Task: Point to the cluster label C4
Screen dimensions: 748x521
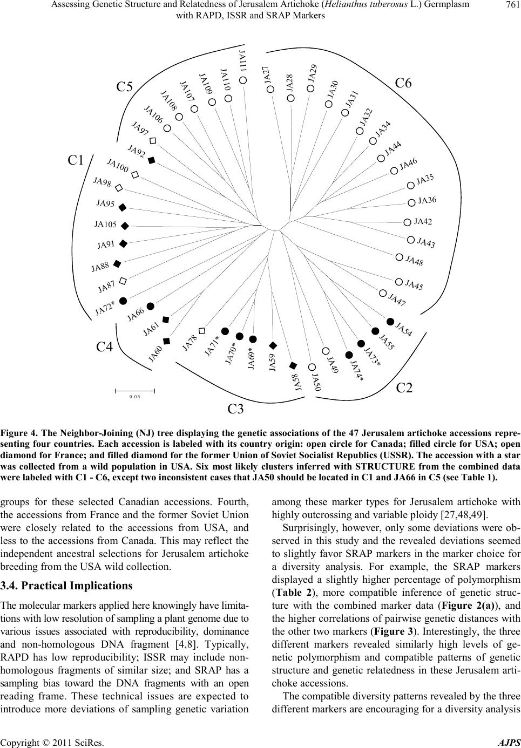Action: click(104, 348)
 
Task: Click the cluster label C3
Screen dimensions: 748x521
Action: click(235, 409)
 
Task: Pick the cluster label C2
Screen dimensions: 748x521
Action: click(404, 387)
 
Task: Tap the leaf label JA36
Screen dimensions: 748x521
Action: click(427, 201)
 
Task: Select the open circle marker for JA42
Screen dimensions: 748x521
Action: click(407, 221)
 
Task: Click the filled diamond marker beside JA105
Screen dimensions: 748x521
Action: click(125, 226)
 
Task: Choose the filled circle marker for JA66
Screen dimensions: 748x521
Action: click(151, 306)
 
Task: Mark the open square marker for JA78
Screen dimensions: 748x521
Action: click(202, 329)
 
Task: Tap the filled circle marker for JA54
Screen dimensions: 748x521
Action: click(390, 322)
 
